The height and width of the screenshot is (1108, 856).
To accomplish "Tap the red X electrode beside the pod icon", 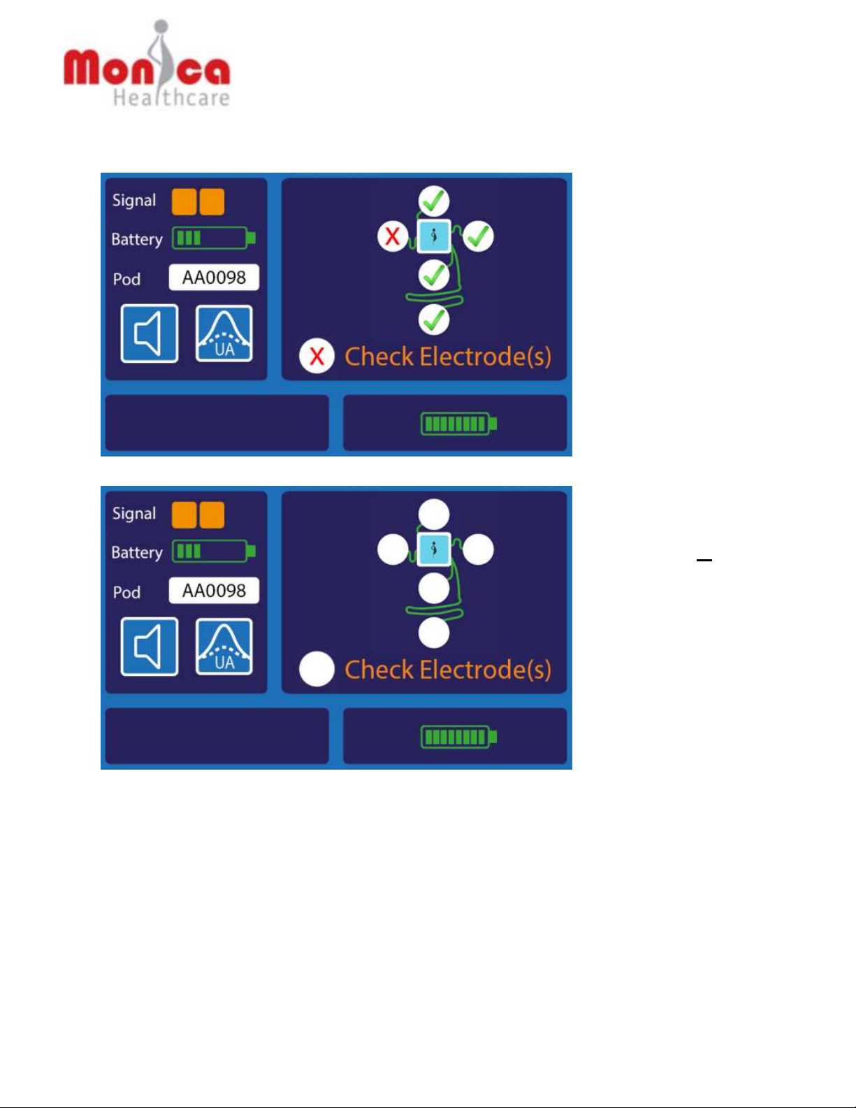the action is [x=393, y=236].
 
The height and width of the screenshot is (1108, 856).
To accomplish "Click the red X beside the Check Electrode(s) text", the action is [x=317, y=357].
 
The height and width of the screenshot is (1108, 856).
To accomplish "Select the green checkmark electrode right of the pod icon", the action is [x=479, y=236].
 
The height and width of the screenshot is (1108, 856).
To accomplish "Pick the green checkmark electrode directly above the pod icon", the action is [x=434, y=201].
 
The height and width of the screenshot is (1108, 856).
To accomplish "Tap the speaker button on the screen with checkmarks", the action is [x=150, y=333].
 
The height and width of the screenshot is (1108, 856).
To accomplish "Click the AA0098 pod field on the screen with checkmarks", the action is [x=214, y=278].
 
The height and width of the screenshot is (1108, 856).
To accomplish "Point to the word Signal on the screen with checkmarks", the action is [x=134, y=201].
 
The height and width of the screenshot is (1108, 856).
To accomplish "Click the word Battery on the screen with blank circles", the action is [x=137, y=553].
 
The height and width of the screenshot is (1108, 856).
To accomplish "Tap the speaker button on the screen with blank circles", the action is [x=150, y=647].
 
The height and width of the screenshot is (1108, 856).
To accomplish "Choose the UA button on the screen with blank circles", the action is [x=224, y=647].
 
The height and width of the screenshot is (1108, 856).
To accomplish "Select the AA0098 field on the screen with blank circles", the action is [x=214, y=591].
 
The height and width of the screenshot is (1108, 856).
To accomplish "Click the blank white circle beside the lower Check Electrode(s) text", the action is [x=317, y=670].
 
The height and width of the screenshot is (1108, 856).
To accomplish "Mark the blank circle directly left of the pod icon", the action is [x=393, y=549].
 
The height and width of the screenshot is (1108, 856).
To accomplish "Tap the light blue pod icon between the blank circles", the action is [x=434, y=549].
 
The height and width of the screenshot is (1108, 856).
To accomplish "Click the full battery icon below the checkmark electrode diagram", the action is [x=458, y=424].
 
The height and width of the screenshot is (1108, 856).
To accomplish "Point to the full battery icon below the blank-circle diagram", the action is [x=458, y=737].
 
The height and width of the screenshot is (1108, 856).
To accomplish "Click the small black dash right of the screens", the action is [x=704, y=561].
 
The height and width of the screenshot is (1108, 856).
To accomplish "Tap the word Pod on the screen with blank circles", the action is [x=126, y=593].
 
